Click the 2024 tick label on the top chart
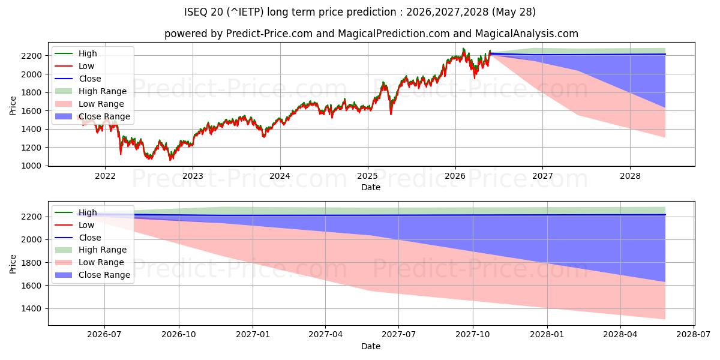(x=280, y=176)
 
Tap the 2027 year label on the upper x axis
(x=542, y=176)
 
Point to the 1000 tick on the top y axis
(x=31, y=166)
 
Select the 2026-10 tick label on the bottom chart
(x=179, y=335)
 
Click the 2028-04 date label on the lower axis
(x=620, y=335)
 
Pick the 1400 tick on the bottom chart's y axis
(x=31, y=309)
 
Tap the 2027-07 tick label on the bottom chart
(x=398, y=335)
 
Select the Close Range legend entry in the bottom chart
(x=92, y=275)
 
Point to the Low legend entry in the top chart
(x=74, y=66)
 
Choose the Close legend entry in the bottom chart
(x=78, y=238)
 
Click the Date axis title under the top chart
(x=371, y=187)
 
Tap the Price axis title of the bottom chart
(x=13, y=264)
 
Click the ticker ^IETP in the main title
(x=245, y=12)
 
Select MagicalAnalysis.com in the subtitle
(x=527, y=34)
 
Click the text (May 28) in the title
(x=514, y=12)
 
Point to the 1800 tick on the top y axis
(x=31, y=92)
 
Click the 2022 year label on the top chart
(x=105, y=176)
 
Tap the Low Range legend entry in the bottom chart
(x=89, y=262)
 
